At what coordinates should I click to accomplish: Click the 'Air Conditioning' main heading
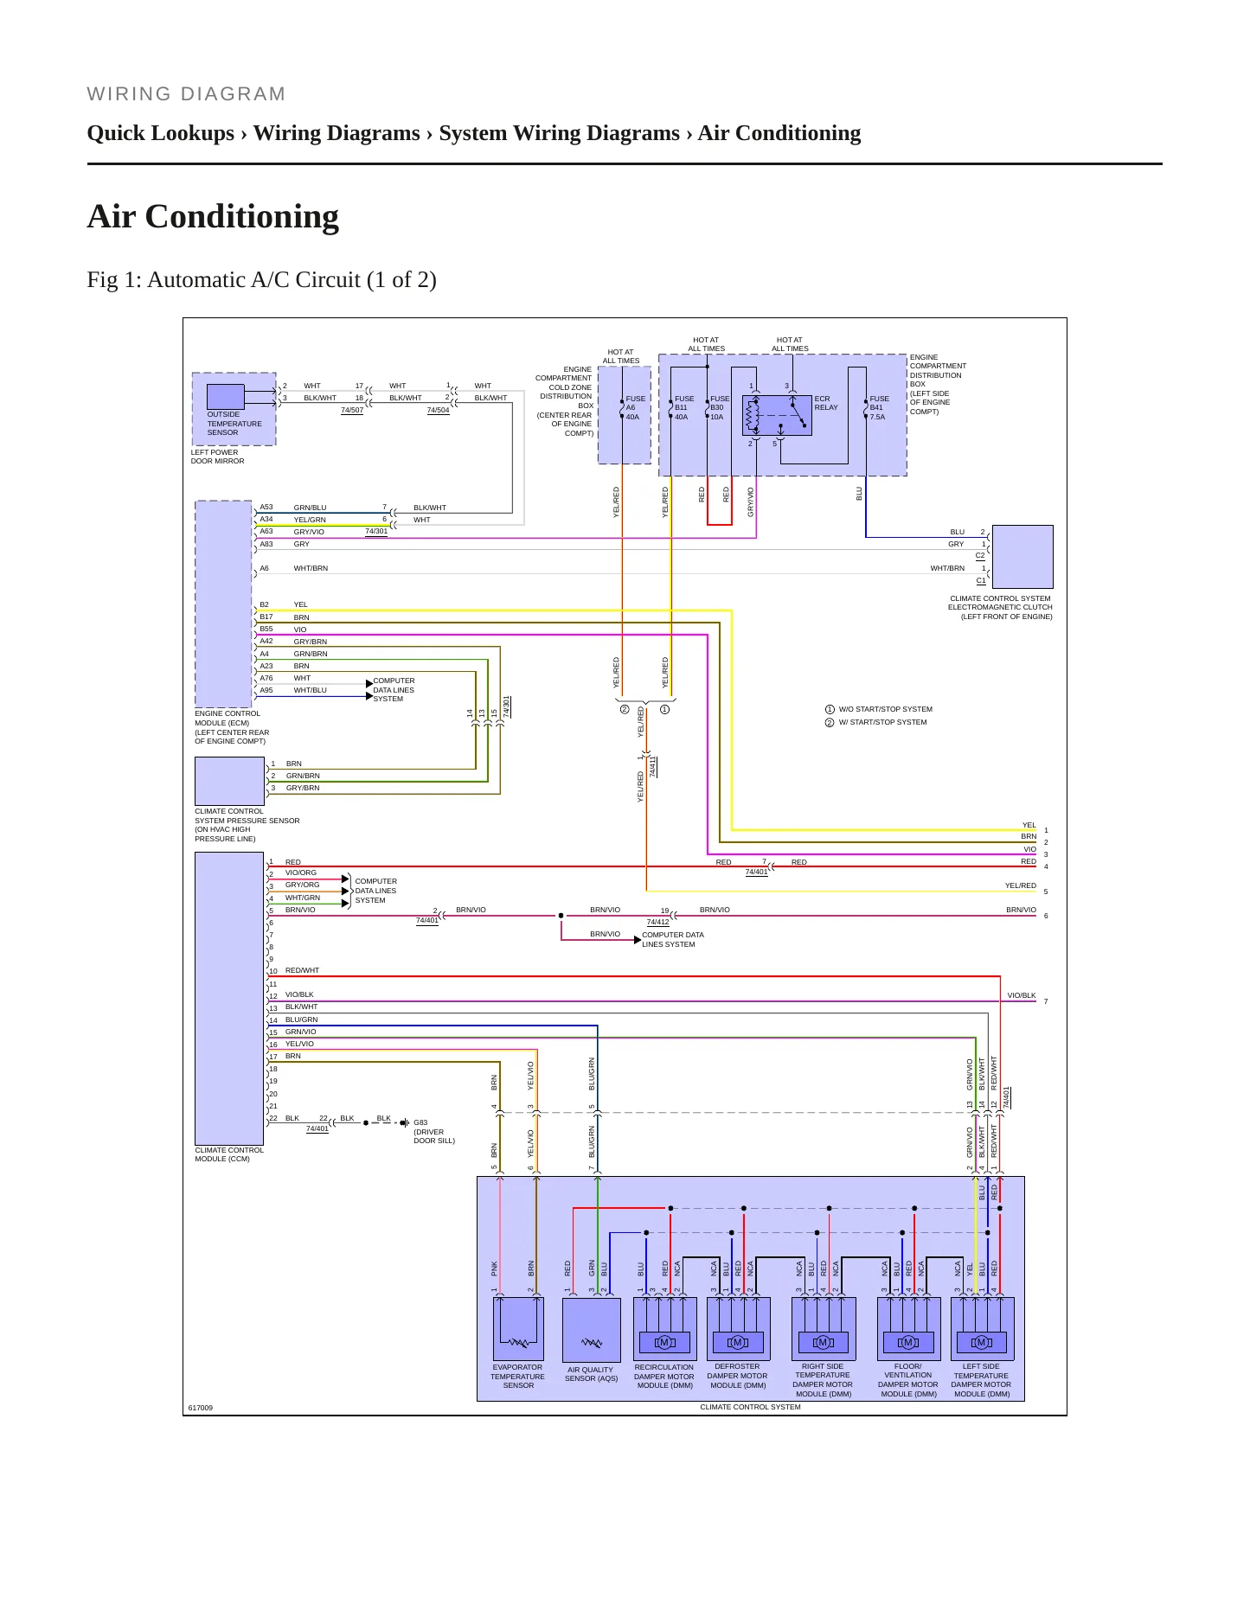click(x=213, y=217)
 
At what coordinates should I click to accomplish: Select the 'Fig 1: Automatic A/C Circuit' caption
click(x=261, y=280)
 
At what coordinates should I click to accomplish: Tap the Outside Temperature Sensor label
click(x=234, y=424)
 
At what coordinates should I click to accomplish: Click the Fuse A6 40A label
click(x=634, y=408)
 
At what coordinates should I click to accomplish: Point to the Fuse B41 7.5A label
click(x=879, y=408)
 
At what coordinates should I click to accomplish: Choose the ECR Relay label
click(x=826, y=403)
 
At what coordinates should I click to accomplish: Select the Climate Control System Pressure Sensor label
click(x=247, y=825)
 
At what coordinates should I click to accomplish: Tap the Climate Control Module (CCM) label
click(x=229, y=1154)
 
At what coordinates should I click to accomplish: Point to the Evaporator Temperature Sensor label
click(x=517, y=1377)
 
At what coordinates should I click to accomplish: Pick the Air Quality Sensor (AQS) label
click(x=591, y=1374)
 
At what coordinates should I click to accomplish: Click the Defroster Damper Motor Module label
click(x=737, y=1376)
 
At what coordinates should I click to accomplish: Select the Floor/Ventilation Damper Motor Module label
click(x=907, y=1380)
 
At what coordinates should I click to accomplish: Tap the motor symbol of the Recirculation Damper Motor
click(x=664, y=1343)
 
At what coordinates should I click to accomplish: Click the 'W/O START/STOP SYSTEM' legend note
click(x=885, y=709)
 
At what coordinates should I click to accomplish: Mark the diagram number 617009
click(x=200, y=1408)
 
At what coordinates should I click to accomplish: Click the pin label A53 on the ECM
click(x=266, y=508)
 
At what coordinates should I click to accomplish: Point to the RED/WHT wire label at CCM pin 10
click(x=302, y=970)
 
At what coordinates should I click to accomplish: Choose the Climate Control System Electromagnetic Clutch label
click(x=1000, y=607)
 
